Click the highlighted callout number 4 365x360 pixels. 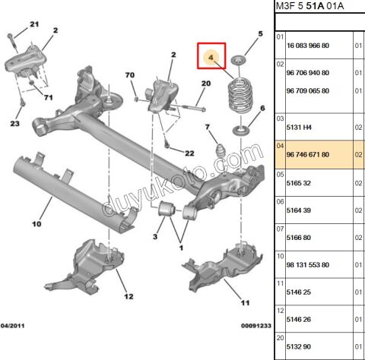pos(211,58)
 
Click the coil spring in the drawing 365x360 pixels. pos(240,99)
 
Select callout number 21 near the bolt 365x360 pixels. pos(33,25)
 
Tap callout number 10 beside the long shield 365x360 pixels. pos(36,224)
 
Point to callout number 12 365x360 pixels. pos(129,296)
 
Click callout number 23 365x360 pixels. pos(15,124)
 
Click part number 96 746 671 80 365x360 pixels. pos(308,154)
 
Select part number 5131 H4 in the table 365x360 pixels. pos(298,128)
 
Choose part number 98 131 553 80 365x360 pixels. pos(308,264)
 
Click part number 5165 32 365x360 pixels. pos(298,182)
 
